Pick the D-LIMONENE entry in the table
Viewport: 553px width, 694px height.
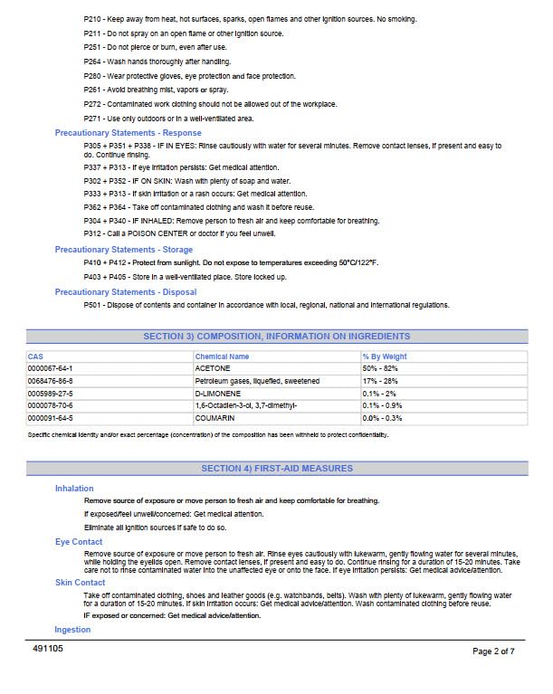coord(215,395)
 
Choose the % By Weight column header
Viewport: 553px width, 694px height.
coord(385,357)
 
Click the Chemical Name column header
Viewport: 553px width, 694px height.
coord(222,357)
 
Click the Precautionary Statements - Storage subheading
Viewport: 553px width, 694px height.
coord(123,250)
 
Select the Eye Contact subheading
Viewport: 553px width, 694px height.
coord(79,542)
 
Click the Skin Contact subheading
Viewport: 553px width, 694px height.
coord(80,583)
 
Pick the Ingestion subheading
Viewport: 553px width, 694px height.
coord(73,630)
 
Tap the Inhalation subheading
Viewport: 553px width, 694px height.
coord(74,489)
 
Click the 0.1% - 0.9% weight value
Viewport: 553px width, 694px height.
coord(383,406)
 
